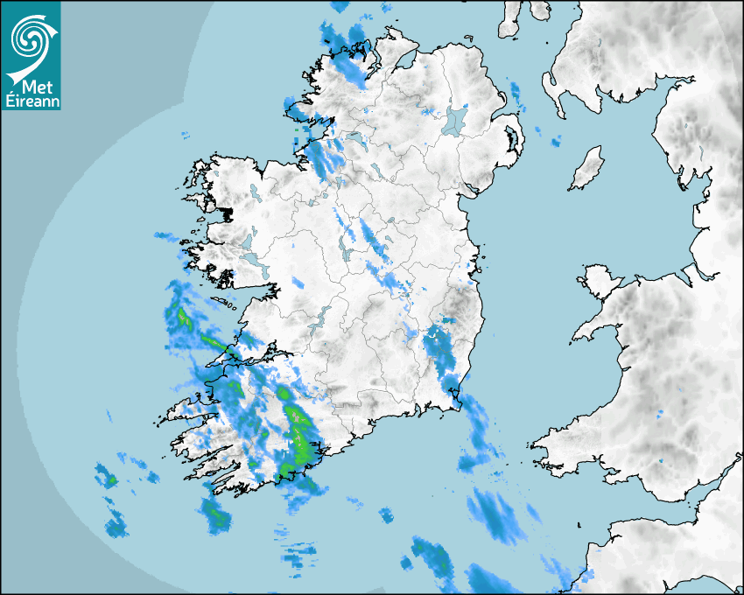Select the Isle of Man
(x=587, y=168)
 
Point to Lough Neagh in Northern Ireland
(x=456, y=120)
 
